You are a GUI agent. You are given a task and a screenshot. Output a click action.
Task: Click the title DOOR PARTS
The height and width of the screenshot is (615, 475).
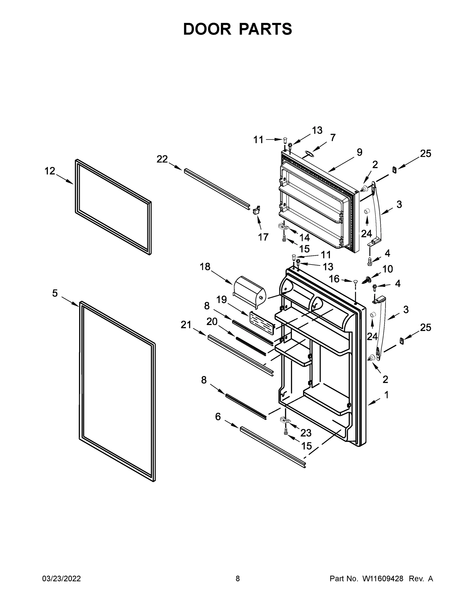click(x=238, y=29)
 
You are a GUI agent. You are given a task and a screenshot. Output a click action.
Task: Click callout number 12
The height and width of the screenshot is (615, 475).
click(x=50, y=171)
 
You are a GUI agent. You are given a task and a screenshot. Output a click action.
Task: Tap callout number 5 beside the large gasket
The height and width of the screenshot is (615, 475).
click(x=55, y=293)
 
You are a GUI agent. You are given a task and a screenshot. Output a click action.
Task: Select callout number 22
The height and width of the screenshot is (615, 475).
click(x=162, y=159)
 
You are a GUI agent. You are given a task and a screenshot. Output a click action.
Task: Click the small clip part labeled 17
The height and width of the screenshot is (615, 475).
click(x=257, y=210)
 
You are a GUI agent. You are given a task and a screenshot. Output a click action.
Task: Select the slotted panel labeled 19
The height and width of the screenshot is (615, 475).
click(x=261, y=321)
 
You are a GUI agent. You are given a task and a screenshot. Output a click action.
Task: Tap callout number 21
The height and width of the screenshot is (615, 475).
click(x=186, y=325)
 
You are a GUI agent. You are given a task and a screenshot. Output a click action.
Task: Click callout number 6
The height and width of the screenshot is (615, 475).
click(x=218, y=416)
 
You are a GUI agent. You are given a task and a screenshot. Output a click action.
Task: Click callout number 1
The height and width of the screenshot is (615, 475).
click(x=386, y=395)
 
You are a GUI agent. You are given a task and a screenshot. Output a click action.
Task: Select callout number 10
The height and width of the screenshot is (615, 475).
click(x=388, y=269)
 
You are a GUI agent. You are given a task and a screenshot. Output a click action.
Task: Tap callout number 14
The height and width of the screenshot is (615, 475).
click(x=304, y=238)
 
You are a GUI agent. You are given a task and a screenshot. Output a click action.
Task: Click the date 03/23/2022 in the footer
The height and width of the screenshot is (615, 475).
click(x=61, y=579)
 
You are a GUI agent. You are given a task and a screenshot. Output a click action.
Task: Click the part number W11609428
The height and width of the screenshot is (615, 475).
click(x=383, y=579)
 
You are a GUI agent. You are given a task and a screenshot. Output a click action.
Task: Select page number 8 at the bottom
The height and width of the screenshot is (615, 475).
click(x=238, y=579)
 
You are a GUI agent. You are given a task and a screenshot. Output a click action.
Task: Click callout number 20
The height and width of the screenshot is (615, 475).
click(x=212, y=321)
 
